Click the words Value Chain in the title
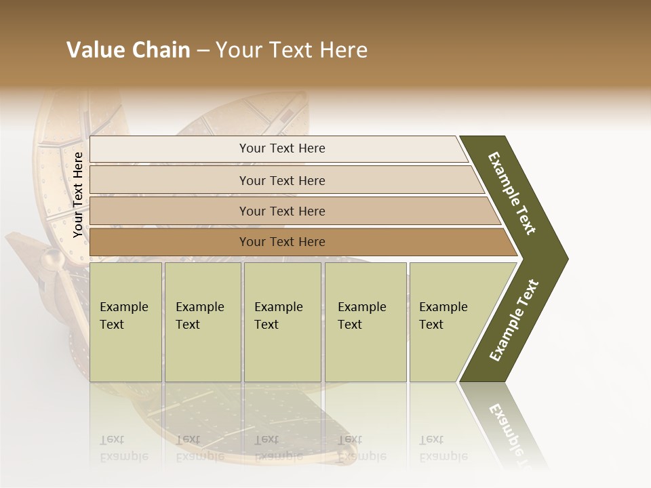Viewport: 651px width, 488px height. pos(128,50)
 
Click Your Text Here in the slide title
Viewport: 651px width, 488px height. pos(292,50)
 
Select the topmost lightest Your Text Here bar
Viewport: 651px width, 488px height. pos(282,148)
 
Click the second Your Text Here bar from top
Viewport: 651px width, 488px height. pos(282,180)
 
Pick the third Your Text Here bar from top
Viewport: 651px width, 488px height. pos(282,211)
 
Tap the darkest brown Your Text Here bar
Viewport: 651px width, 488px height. pos(282,242)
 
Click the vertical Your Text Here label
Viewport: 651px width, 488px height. pos(79,195)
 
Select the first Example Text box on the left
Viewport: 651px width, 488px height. pos(125,321)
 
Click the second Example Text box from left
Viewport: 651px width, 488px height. pos(202,321)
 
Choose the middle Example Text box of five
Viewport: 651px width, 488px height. pos(282,321)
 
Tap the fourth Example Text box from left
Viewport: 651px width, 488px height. pos(365,321)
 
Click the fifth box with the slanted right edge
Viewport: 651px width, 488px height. pos(448,321)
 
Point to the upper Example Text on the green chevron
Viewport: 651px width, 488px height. pos(512,193)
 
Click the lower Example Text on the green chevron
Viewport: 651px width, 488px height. pos(513,321)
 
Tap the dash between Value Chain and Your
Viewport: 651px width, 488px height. pos(203,51)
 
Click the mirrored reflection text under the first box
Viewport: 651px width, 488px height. pos(123,448)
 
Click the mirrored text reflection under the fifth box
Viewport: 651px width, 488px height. pos(443,448)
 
